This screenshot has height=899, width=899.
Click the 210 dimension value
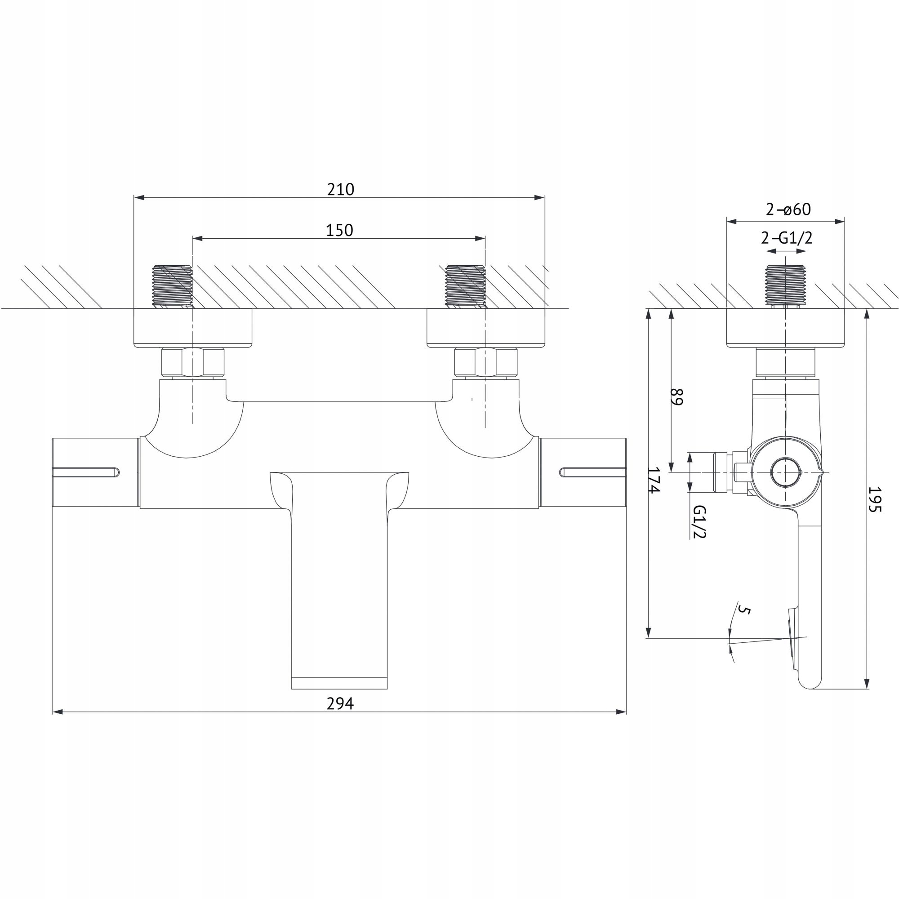[341, 189]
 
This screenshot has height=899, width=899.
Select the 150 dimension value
[340, 230]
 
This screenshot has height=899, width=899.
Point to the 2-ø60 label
[788, 210]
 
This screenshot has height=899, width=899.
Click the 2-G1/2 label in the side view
[786, 238]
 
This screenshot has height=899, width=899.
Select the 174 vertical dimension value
[654, 481]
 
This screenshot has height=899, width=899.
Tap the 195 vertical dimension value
[875, 499]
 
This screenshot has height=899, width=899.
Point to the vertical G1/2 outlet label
[699, 521]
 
